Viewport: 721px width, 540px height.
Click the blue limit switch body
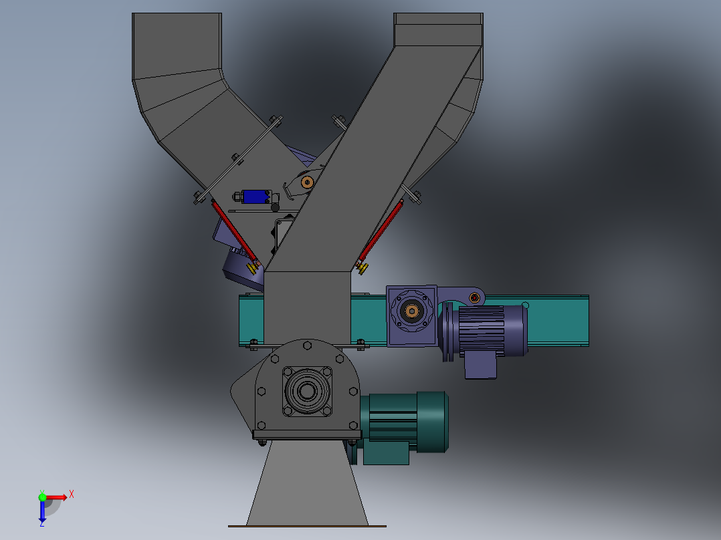coord(255,196)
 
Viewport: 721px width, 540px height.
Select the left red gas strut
coord(234,231)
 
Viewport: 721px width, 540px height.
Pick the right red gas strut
coord(381,230)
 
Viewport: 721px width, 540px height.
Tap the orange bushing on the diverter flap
coord(307,182)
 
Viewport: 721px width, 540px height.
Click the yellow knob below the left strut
coord(252,269)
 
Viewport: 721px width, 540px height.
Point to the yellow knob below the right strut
coord(362,268)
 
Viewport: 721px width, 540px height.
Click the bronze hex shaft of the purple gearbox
coord(411,311)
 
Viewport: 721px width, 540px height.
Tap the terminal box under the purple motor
coord(480,365)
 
